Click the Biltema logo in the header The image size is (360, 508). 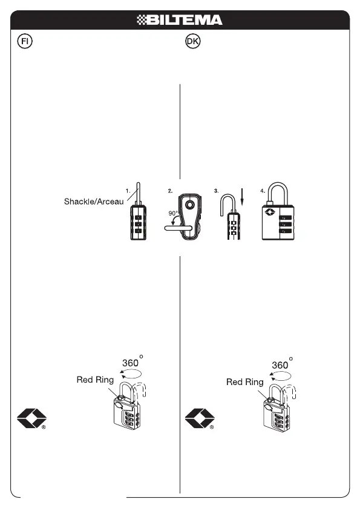180,20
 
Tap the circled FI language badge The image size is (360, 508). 25,41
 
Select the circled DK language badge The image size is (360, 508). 193,41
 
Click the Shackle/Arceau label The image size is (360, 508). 94,202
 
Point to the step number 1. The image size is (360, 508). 128,191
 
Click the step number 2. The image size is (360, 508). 170,191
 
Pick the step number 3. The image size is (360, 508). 216,191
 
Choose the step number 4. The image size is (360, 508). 263,191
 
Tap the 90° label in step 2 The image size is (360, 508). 173,213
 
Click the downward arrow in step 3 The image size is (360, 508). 242,197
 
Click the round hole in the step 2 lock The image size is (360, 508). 190,205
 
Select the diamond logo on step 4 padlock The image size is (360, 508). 269,213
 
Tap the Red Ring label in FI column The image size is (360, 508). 95,380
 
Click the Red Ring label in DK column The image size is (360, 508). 245,382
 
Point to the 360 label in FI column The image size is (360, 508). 131,363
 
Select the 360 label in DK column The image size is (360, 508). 280,365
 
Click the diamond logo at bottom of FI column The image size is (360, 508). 31,418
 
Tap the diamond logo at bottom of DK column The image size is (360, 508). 200,418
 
